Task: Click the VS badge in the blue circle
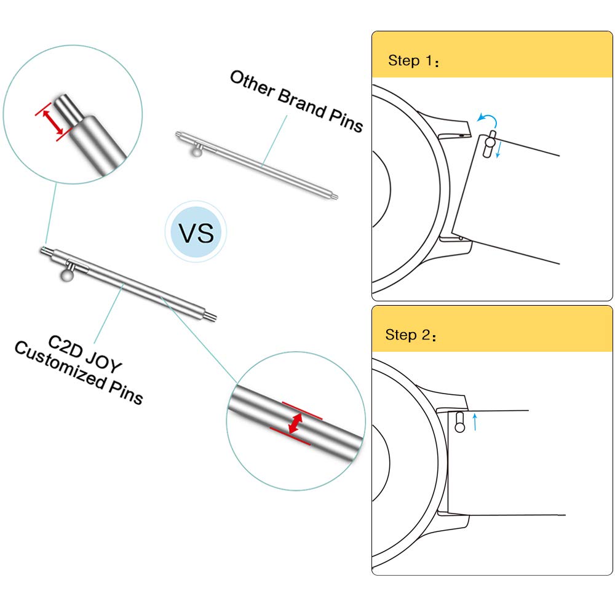coord(196,233)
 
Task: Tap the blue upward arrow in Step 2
coord(475,422)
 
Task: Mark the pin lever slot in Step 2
coord(459,423)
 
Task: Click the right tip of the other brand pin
coord(335,197)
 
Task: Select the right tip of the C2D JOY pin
coord(213,317)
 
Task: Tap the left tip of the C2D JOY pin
coord(43,249)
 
